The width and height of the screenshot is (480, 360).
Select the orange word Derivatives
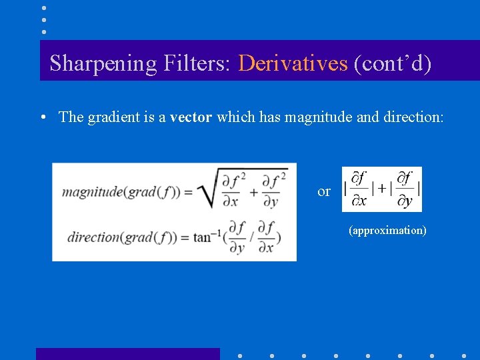(293, 63)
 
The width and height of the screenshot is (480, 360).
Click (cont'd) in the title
(392, 63)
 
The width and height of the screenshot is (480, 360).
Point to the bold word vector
(191, 117)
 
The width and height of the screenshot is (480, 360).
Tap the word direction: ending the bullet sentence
(413, 117)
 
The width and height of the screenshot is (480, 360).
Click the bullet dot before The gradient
(42, 117)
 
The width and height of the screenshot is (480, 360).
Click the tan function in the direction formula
(205, 237)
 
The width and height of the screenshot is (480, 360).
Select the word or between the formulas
(324, 192)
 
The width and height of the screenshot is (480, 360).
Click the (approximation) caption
(387, 231)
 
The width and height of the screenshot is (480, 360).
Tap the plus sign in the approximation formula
(381, 189)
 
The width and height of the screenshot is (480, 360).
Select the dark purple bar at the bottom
(127, 353)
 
